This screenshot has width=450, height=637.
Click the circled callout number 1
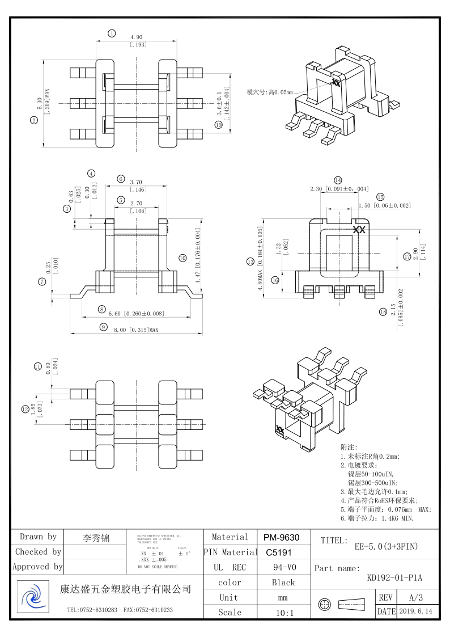tap(112, 33)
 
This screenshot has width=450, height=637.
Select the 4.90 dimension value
tap(136, 37)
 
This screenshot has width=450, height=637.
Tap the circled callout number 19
tap(219, 125)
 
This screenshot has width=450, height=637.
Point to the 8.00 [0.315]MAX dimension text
tap(135, 329)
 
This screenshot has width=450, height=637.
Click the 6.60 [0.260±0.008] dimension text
tap(135, 313)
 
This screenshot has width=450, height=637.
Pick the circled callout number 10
tap(182, 258)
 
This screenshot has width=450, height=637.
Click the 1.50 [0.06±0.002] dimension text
tap(384, 205)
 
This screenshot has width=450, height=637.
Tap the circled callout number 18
tap(383, 311)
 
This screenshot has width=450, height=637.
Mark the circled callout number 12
tap(26, 408)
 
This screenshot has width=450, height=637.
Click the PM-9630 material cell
tap(283, 537)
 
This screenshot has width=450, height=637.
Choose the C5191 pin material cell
tap(283, 552)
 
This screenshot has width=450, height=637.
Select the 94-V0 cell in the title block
tap(283, 567)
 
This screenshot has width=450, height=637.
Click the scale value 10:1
tap(283, 612)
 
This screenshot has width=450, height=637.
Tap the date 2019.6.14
tap(415, 611)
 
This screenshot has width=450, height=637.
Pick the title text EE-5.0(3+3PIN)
tap(386, 547)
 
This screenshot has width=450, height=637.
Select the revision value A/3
tap(415, 597)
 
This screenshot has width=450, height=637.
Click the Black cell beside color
tap(283, 583)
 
